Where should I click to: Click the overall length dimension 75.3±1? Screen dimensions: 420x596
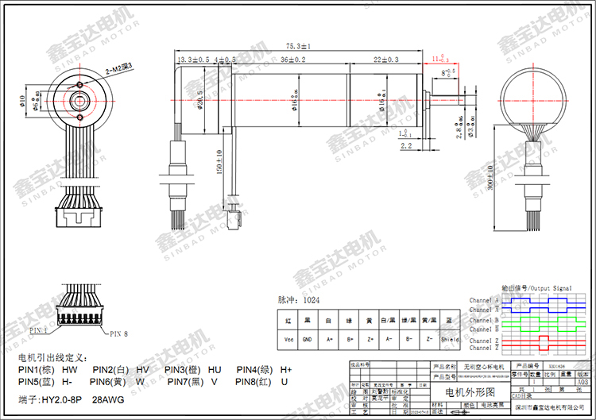coord(298,47)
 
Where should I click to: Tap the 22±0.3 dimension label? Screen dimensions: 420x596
coord(387,60)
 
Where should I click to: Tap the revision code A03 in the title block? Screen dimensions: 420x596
coord(582,382)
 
